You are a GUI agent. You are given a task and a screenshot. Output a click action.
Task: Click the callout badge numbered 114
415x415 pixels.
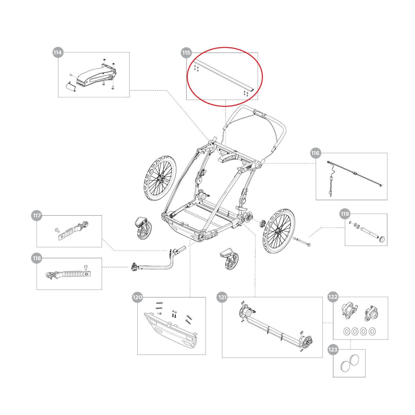click(57, 53)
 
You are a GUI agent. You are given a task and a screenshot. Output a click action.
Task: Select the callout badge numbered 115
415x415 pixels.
click(186, 53)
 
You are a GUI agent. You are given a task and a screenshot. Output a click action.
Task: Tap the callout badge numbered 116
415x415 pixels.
click(315, 153)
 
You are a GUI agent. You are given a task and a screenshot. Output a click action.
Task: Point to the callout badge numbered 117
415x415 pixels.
click(37, 216)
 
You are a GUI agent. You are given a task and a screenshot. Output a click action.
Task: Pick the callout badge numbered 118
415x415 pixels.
click(37, 258)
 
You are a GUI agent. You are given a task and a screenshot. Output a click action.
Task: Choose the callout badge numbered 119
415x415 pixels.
click(345, 214)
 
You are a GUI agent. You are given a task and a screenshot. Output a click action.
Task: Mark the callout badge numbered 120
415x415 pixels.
click(137, 297)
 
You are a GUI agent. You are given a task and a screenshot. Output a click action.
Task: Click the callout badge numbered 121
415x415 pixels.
click(222, 297)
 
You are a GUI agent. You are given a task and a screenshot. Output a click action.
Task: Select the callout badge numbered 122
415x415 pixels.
click(333, 297)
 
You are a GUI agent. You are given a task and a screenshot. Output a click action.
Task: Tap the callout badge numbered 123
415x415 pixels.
click(333, 350)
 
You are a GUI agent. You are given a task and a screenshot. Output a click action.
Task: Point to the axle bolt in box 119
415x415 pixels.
click(370, 233)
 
